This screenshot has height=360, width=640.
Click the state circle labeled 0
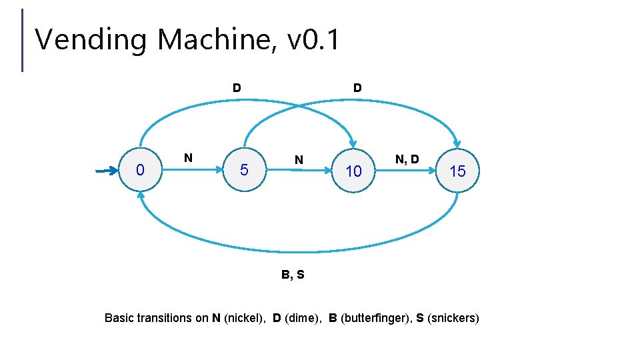click(139, 171)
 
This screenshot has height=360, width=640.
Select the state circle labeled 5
click(244, 171)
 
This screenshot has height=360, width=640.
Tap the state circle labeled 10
click(353, 171)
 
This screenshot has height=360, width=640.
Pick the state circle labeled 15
click(457, 171)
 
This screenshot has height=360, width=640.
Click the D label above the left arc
click(237, 88)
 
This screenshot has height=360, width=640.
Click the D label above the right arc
click(357, 88)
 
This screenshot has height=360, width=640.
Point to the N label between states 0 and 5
click(188, 158)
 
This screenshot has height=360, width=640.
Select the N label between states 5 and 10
click(299, 160)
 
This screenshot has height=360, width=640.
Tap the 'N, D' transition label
click(407, 159)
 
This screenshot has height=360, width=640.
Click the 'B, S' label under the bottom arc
click(292, 274)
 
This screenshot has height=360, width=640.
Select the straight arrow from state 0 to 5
click(193, 171)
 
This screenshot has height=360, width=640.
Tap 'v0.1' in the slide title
click(313, 40)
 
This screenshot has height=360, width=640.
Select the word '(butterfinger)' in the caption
click(375, 318)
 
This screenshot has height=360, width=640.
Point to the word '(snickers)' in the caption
click(453, 318)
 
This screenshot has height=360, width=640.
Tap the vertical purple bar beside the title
click(22, 39)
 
